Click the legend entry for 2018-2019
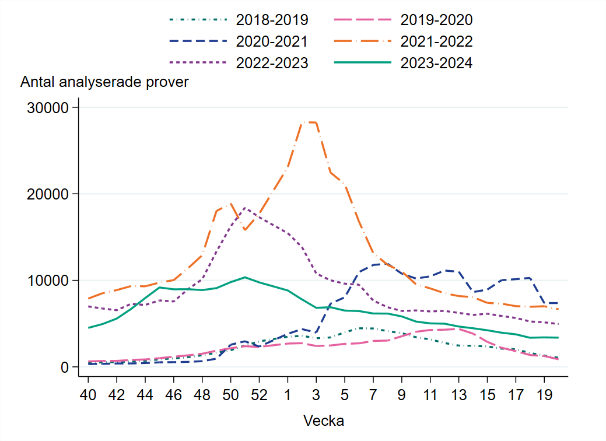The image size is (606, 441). click(x=272, y=20)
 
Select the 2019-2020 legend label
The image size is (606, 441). click(x=436, y=20)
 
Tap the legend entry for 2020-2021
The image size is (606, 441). click(x=272, y=41)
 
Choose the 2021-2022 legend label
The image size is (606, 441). click(x=436, y=41)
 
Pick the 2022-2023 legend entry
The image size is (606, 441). click(x=272, y=63)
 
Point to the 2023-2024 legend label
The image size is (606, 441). click(x=436, y=63)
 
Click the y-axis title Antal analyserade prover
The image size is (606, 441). click(x=104, y=82)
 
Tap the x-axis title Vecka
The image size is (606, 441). click(x=323, y=421)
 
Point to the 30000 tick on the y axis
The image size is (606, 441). click(x=45, y=108)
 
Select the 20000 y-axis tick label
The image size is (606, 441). click(x=45, y=194)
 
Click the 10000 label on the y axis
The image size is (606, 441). click(x=45, y=281)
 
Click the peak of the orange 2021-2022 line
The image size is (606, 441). click(x=309, y=122)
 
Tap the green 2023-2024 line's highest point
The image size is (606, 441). click(x=245, y=277)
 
